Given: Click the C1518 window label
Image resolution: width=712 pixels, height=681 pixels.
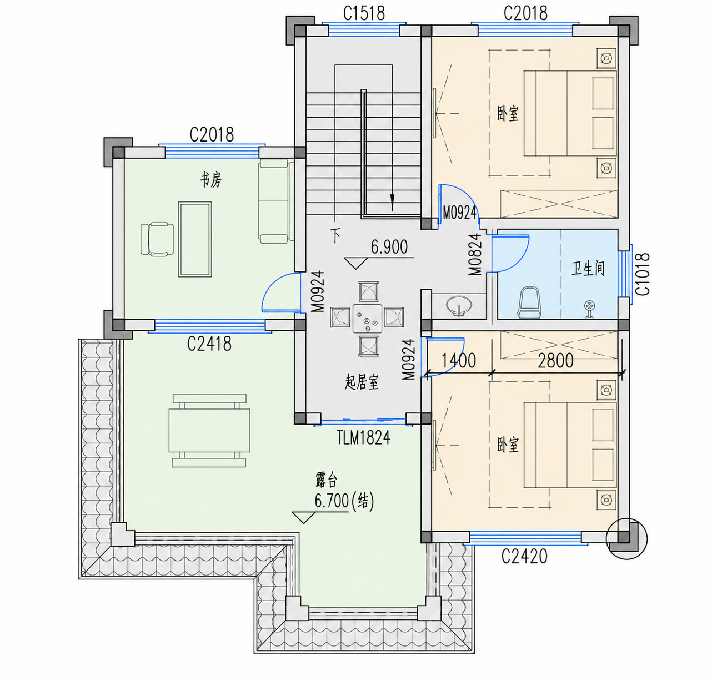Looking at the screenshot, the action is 364,13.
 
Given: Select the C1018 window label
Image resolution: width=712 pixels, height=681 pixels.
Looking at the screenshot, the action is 643,274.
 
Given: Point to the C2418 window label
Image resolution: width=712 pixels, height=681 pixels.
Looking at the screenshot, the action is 209,344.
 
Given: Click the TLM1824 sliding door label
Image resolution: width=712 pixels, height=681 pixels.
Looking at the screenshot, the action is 363,437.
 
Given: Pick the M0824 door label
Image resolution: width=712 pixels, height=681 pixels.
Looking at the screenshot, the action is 475,254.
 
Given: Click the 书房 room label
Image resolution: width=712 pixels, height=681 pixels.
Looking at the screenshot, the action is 210,180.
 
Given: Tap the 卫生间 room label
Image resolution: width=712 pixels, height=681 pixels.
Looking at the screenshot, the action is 588,269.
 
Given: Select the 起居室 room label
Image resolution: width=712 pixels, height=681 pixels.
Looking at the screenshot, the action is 362,382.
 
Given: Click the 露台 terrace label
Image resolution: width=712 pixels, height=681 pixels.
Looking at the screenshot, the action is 327,480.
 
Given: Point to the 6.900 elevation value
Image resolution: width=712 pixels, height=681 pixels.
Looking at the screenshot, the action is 389,247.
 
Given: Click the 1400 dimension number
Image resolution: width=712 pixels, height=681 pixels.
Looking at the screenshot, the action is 459,360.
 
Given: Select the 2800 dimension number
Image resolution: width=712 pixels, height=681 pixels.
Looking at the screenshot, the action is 555,360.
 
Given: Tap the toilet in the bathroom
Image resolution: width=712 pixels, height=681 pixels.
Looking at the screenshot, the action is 529,302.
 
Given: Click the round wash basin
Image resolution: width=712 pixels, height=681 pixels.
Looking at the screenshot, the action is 459,305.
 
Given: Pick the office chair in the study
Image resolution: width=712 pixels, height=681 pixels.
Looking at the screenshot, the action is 157,239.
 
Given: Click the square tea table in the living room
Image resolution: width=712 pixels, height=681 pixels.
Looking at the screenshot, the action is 367,319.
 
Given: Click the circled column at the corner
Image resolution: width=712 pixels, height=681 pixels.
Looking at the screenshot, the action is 627,538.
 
